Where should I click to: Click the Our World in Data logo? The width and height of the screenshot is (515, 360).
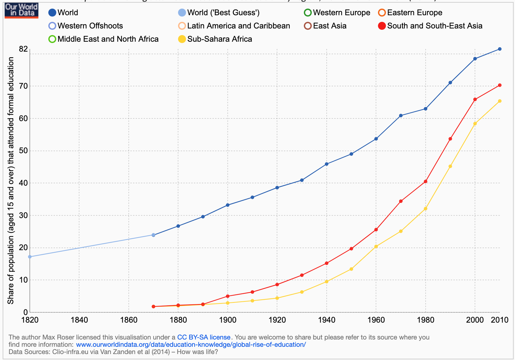tap(22, 10)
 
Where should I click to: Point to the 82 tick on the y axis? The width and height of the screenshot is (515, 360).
tap(23, 49)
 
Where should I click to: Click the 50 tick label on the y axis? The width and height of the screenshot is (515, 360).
tap(23, 151)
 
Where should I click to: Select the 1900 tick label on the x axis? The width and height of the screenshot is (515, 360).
tap(228, 320)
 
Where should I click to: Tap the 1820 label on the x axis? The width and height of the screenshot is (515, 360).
tap(30, 320)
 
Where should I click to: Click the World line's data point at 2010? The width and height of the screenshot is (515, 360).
tap(500, 49)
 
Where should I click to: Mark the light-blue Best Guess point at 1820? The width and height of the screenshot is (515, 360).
tap(30, 257)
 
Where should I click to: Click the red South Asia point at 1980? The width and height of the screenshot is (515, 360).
tap(426, 181)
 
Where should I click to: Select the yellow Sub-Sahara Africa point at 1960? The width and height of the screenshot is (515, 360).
tap(376, 247)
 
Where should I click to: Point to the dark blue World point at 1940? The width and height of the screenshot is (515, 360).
tap(327, 164)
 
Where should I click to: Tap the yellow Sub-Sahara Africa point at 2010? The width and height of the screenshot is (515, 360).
tap(500, 101)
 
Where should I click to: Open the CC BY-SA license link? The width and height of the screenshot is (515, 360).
tap(204, 337)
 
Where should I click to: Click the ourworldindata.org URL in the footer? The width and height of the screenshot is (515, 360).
tap(191, 344)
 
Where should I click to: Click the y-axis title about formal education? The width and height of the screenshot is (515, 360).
tap(11, 180)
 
